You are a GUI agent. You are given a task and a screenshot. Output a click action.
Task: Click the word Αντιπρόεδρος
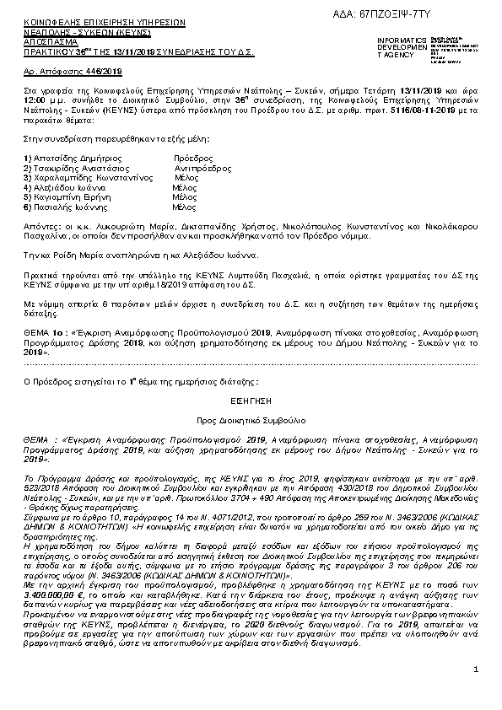202,169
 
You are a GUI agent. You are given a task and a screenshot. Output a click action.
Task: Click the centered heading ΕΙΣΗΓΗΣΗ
251,402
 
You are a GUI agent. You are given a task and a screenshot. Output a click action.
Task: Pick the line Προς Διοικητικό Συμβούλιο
251,419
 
